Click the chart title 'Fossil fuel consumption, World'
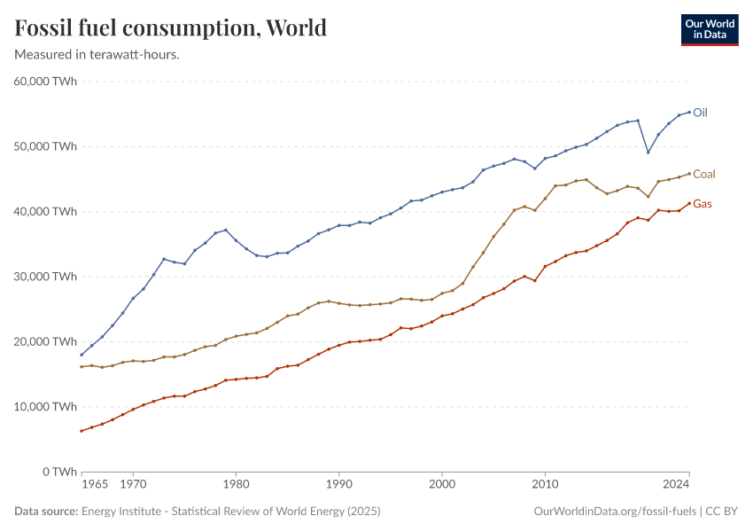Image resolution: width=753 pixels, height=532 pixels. pos(171,28)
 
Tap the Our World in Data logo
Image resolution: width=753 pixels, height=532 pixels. pos(709,29)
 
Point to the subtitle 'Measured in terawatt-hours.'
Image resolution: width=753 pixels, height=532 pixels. pos(97,55)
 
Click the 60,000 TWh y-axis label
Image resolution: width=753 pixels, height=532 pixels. pos(46,82)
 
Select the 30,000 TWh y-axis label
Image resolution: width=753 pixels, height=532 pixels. pos(46,277)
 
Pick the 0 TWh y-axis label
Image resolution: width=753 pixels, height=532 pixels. pos(59,472)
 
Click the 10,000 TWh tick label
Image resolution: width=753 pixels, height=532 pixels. pos(46,407)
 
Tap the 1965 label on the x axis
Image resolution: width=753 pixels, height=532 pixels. pos(95,485)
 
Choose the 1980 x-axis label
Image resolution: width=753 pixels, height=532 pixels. pos(236,485)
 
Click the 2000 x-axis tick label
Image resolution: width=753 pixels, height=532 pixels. pos(441,485)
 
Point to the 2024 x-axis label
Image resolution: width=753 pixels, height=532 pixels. pos(676,485)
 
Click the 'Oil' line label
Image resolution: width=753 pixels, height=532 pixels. pos(700,113)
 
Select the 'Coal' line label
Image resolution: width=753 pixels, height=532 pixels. pos(704,174)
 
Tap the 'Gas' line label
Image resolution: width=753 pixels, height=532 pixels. pos(703,204)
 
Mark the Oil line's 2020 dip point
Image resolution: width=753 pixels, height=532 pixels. pos(648,152)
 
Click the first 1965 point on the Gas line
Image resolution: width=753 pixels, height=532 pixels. pos(82,431)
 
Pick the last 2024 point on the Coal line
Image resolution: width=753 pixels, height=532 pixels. pos(689,174)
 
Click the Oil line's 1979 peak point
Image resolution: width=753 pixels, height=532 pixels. pos(226,230)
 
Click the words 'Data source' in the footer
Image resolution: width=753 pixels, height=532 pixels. pos(45,512)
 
